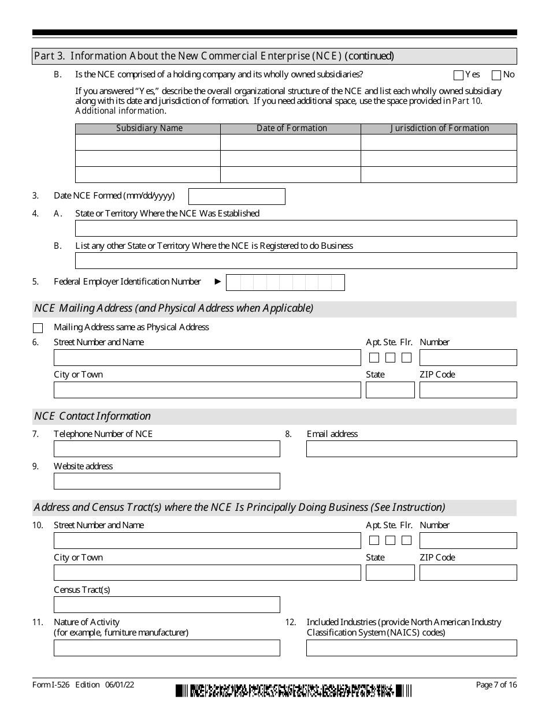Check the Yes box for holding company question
[x=459, y=75]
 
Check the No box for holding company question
[x=496, y=75]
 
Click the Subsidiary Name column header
[x=149, y=128]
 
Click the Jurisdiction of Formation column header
[x=439, y=128]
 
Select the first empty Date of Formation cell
[x=291, y=143]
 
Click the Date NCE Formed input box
[x=237, y=196]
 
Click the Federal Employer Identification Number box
[x=285, y=282]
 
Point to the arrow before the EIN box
[x=218, y=282]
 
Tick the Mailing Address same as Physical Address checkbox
[x=38, y=328]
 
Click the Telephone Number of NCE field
[x=166, y=449]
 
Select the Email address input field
[x=411, y=449]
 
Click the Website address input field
[x=166, y=481]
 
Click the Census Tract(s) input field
[x=166, y=604]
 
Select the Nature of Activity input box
[x=166, y=648]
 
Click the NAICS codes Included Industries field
[x=411, y=648]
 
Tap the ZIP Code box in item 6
[x=468, y=390]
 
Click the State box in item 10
[x=390, y=573]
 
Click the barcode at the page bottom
[x=294, y=690]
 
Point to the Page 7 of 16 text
[x=496, y=685]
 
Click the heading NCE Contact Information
[x=92, y=416]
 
